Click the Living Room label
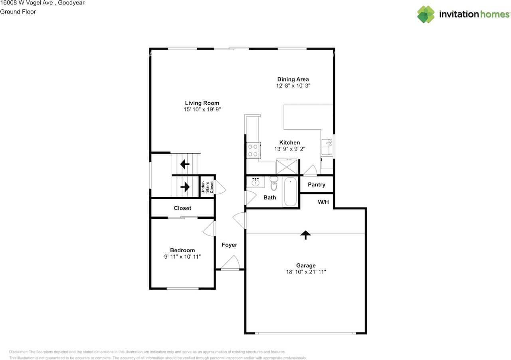[x=202, y=103]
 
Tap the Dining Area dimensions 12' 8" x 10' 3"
[x=293, y=86]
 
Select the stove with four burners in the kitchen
[x=253, y=150]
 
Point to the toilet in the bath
[x=274, y=184]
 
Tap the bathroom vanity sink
[x=255, y=182]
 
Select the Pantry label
[x=316, y=185]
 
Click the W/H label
[x=323, y=202]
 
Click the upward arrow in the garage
[x=305, y=235]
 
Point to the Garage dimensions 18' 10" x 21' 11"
[x=306, y=272]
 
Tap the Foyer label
[x=229, y=245]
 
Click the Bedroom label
[x=182, y=250]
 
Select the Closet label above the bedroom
[x=182, y=208]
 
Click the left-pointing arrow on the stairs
[x=185, y=164]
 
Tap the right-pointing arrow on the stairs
[x=185, y=186]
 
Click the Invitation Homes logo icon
[x=426, y=14]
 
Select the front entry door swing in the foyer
[x=230, y=263]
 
